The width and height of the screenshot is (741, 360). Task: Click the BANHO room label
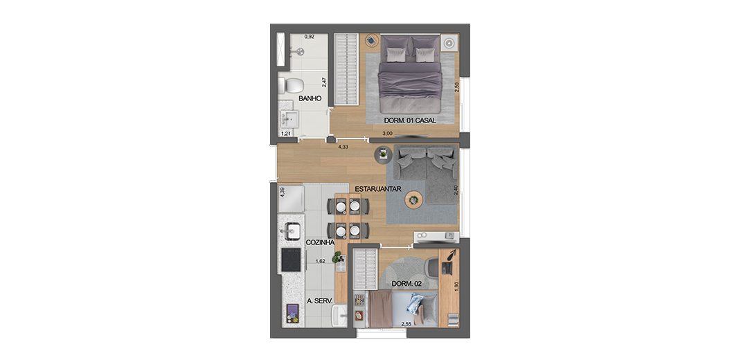(x=310, y=99)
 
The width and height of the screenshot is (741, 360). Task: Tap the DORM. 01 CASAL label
(x=410, y=120)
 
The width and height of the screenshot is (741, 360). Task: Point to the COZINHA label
(x=320, y=242)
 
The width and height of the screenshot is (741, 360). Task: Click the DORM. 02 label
(x=407, y=284)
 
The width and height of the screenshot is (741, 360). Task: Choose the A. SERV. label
(x=320, y=300)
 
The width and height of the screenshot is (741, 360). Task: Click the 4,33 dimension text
(x=343, y=147)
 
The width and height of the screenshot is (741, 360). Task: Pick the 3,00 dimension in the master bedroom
(x=387, y=134)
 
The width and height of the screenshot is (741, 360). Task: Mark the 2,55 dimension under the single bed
(x=405, y=324)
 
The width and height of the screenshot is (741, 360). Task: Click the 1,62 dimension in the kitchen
(x=321, y=260)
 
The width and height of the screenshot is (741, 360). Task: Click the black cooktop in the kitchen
(x=291, y=260)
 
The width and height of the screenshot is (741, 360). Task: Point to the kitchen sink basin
(x=290, y=231)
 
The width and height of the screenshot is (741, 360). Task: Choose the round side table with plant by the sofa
(x=382, y=154)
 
